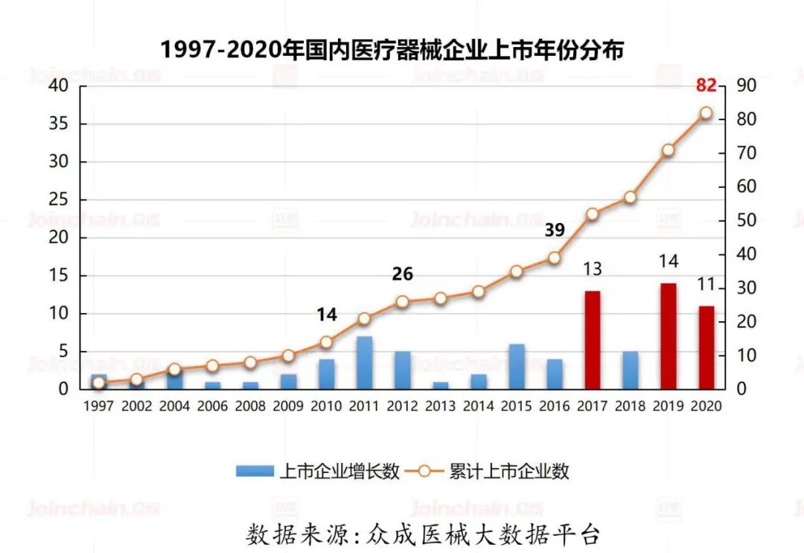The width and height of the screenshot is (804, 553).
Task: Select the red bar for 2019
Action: (669, 336)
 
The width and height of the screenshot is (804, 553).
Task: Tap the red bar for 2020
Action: (706, 347)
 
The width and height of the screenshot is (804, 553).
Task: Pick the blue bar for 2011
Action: (364, 363)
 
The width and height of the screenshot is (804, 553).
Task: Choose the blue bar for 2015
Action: (516, 367)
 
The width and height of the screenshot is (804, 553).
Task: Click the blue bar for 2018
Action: (630, 370)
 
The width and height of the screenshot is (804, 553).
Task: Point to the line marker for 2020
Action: (706, 113)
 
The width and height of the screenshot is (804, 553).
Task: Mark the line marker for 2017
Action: (592, 214)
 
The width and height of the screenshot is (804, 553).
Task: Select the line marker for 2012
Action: (402, 302)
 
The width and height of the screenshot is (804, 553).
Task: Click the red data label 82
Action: (706, 85)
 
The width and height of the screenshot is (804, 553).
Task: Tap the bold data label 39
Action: (555, 230)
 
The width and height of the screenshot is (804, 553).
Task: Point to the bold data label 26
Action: (402, 274)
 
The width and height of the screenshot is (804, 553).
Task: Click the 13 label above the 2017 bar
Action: (592, 269)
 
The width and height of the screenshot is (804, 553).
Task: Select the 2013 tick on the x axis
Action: (440, 406)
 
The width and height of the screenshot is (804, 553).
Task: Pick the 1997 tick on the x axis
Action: (98, 406)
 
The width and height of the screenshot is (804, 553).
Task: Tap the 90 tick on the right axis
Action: (747, 86)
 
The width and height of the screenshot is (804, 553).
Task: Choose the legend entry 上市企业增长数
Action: (319, 471)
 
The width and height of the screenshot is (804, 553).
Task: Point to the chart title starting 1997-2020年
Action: (392, 50)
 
